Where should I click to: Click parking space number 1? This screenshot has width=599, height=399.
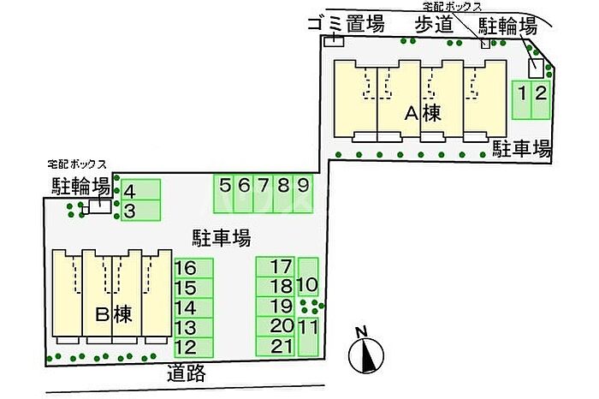(521, 99)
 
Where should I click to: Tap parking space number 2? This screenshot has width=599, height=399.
(541, 99)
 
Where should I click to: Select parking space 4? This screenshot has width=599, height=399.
(140, 189)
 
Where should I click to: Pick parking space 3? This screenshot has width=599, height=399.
(140, 210)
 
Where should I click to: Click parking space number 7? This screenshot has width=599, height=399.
(264, 194)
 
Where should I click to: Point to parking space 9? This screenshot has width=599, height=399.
(303, 194)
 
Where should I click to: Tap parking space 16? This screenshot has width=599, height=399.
(193, 268)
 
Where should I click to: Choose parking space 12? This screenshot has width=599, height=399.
(193, 348)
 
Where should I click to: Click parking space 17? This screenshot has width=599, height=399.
(275, 267)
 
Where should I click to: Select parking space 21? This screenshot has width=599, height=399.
(275, 346)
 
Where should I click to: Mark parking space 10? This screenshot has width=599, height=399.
(308, 277)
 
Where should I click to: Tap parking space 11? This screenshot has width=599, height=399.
(308, 337)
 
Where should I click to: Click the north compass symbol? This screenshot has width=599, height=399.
(366, 351)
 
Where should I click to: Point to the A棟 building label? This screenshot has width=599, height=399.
(423, 113)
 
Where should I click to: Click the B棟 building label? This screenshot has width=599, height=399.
(113, 314)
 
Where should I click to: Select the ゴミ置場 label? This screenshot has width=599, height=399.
(346, 24)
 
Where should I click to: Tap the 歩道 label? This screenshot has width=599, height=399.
(435, 25)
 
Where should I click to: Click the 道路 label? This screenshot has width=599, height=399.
(187, 373)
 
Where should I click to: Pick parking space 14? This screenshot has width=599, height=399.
(193, 308)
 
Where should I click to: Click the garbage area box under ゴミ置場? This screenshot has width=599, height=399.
(334, 42)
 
